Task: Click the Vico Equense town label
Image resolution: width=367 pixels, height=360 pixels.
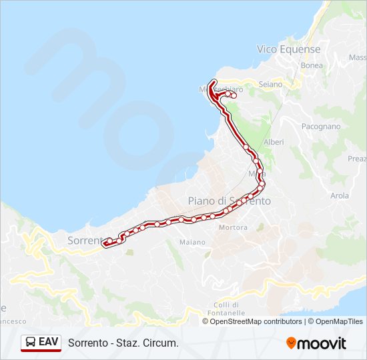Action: coord(288,49)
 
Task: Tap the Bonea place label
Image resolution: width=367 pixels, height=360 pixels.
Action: coord(312,65)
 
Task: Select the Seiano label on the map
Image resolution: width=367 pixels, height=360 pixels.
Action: coord(270,84)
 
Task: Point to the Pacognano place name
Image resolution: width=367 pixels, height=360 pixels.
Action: coord(320,126)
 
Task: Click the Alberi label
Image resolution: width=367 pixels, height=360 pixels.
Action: coord(274,142)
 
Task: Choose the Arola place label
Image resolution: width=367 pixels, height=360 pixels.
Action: coord(340,195)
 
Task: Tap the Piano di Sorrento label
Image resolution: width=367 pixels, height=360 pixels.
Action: coord(229,201)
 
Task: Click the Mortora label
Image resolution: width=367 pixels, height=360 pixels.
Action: coord(233,227)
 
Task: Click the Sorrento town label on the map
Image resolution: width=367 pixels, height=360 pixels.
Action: coord(85,240)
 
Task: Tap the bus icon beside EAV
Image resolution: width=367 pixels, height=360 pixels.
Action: coord(31,342)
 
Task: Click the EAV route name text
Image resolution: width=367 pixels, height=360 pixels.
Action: coord(48,342)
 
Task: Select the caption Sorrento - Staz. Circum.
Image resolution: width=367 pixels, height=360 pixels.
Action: coord(123,343)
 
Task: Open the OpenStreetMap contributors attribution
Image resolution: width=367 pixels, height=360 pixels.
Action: coord(256,321)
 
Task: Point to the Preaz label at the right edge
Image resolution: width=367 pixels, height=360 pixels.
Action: coord(357,159)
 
